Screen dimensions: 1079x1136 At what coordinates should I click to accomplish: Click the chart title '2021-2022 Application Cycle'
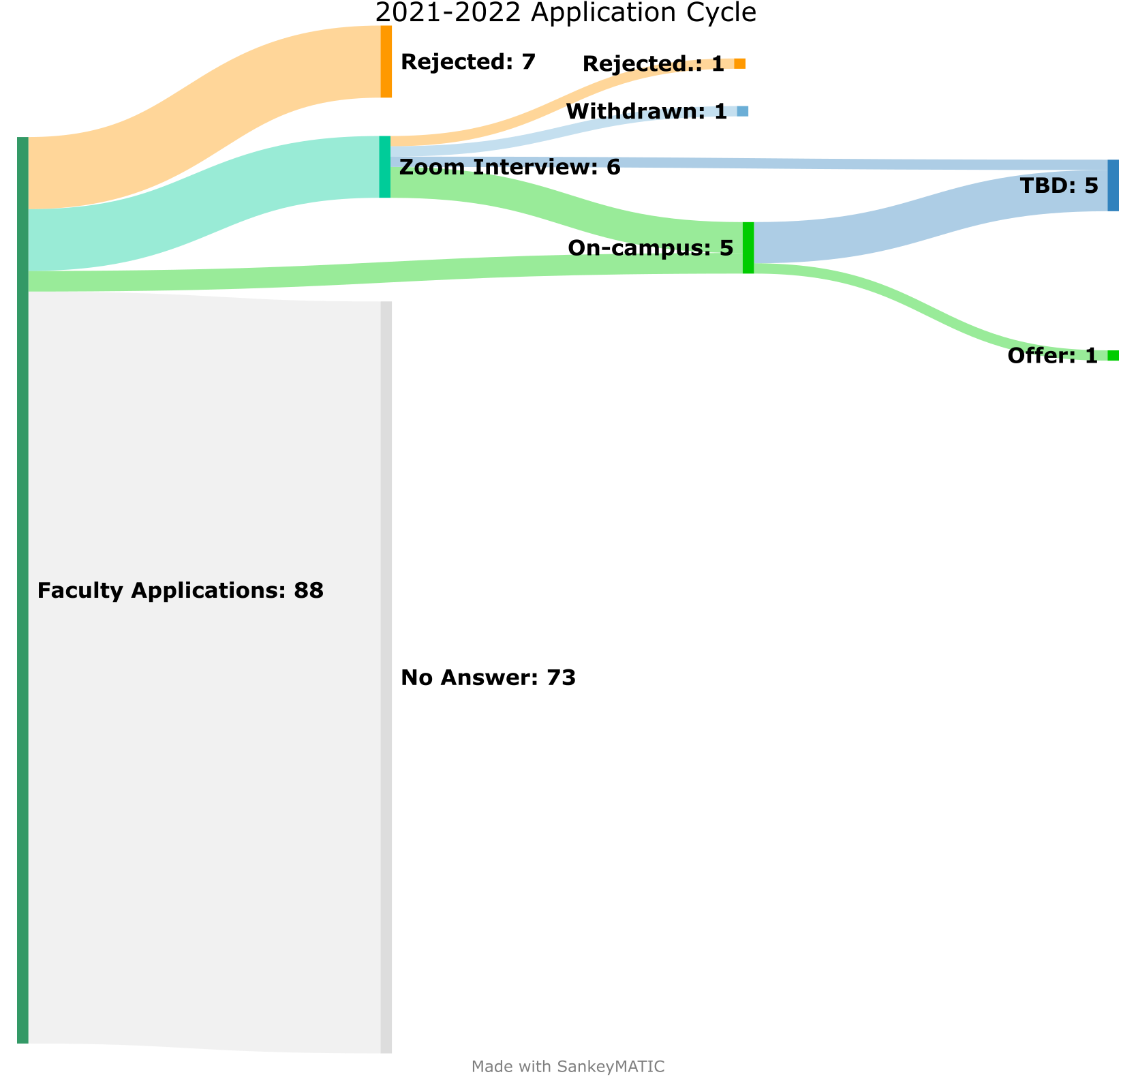pos(566,13)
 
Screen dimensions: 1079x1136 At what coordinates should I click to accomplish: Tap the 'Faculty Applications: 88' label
pos(180,591)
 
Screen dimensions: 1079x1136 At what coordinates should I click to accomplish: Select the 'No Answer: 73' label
pos(488,678)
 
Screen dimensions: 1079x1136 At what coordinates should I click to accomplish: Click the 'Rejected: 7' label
pos(468,62)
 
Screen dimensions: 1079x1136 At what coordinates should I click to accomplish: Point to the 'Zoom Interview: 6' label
pos(510,167)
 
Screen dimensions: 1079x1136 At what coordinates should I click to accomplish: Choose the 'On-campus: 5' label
pos(650,248)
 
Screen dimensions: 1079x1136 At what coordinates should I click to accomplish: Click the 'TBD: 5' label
pos(1058,185)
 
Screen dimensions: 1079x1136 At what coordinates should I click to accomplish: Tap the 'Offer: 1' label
pos(1052,356)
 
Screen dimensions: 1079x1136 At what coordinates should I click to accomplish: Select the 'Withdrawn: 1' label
pos(646,111)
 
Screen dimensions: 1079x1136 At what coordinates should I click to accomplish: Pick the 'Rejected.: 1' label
pos(653,64)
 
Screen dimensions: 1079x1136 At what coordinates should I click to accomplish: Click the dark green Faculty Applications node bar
pos(22,590)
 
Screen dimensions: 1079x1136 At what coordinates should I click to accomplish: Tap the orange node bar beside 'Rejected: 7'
pos(386,61)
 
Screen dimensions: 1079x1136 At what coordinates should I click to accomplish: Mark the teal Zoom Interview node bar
pos(385,167)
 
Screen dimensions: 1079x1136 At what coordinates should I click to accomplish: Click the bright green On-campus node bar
pos(748,248)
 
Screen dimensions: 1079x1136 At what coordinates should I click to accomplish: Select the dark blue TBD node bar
pos(1113,185)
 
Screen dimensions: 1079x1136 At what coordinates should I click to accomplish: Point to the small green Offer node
pos(1113,356)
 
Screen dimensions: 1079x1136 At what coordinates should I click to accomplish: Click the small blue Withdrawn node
pos(742,111)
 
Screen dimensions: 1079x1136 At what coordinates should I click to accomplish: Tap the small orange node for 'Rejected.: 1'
pos(739,64)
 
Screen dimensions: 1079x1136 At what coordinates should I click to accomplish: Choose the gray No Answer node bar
pos(386,677)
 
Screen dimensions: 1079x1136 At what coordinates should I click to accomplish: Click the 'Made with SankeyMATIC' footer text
pos(568,1067)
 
